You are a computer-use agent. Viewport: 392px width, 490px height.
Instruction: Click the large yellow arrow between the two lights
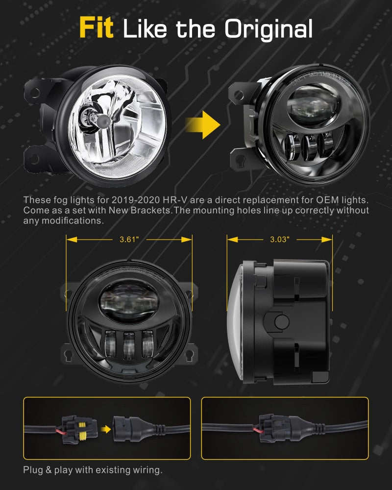point(203,124)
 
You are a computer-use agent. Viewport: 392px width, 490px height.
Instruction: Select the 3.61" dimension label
point(129,240)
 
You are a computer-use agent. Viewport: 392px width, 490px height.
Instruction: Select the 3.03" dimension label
point(280,240)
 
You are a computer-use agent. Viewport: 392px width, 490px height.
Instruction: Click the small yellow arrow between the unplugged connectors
point(106,429)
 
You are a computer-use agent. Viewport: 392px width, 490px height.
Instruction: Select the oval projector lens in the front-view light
point(129,301)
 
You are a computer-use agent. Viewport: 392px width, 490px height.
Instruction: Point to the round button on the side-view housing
point(282,322)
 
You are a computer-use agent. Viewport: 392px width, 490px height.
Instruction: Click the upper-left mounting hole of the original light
point(35,93)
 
